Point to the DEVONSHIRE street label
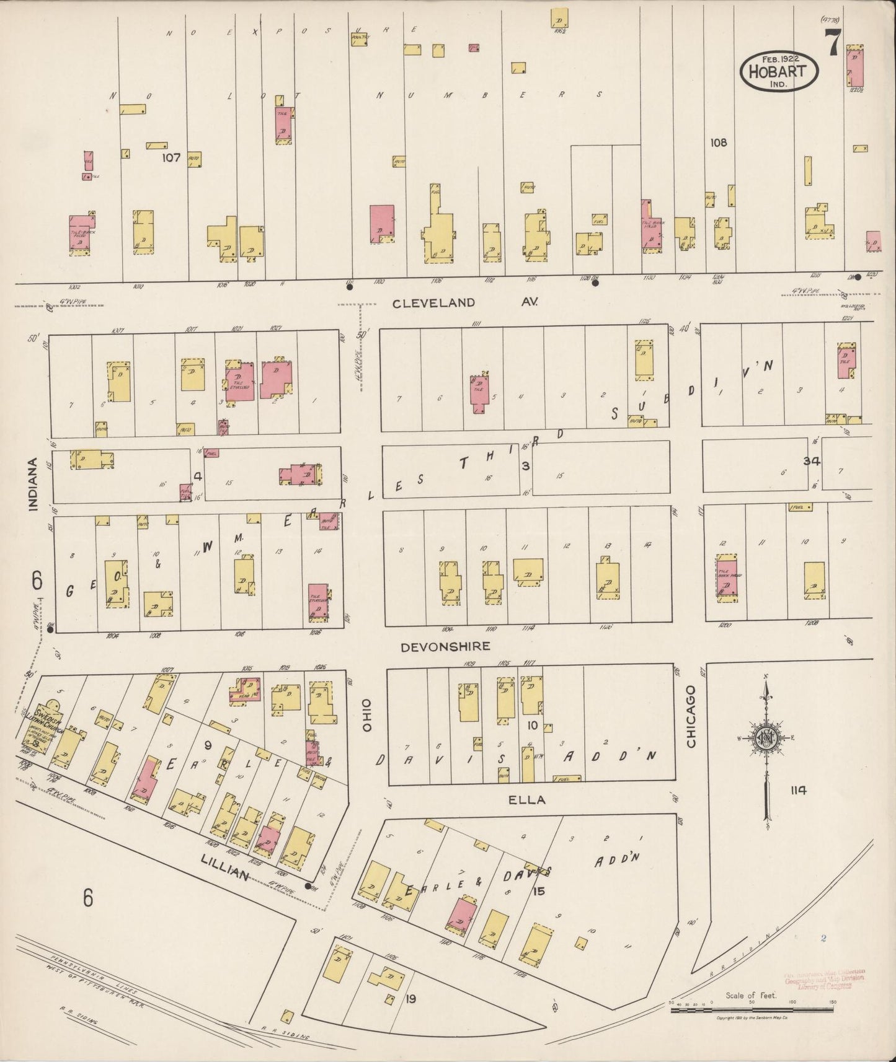[x=445, y=647]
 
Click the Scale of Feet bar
[x=753, y=1009]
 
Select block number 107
[x=171, y=158]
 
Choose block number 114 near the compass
[x=798, y=790]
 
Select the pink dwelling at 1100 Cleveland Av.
[x=382, y=223]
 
